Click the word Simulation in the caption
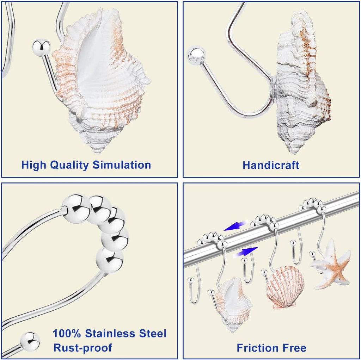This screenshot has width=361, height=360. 122,165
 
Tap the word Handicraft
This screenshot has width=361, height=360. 271,165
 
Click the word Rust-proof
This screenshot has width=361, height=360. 82,348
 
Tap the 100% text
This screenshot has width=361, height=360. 67,333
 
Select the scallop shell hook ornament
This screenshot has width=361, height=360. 285,287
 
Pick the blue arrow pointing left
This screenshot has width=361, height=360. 236,226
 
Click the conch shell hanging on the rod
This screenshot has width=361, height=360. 233,304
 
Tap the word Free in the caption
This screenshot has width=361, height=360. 294,348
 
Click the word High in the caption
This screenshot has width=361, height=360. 34,165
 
